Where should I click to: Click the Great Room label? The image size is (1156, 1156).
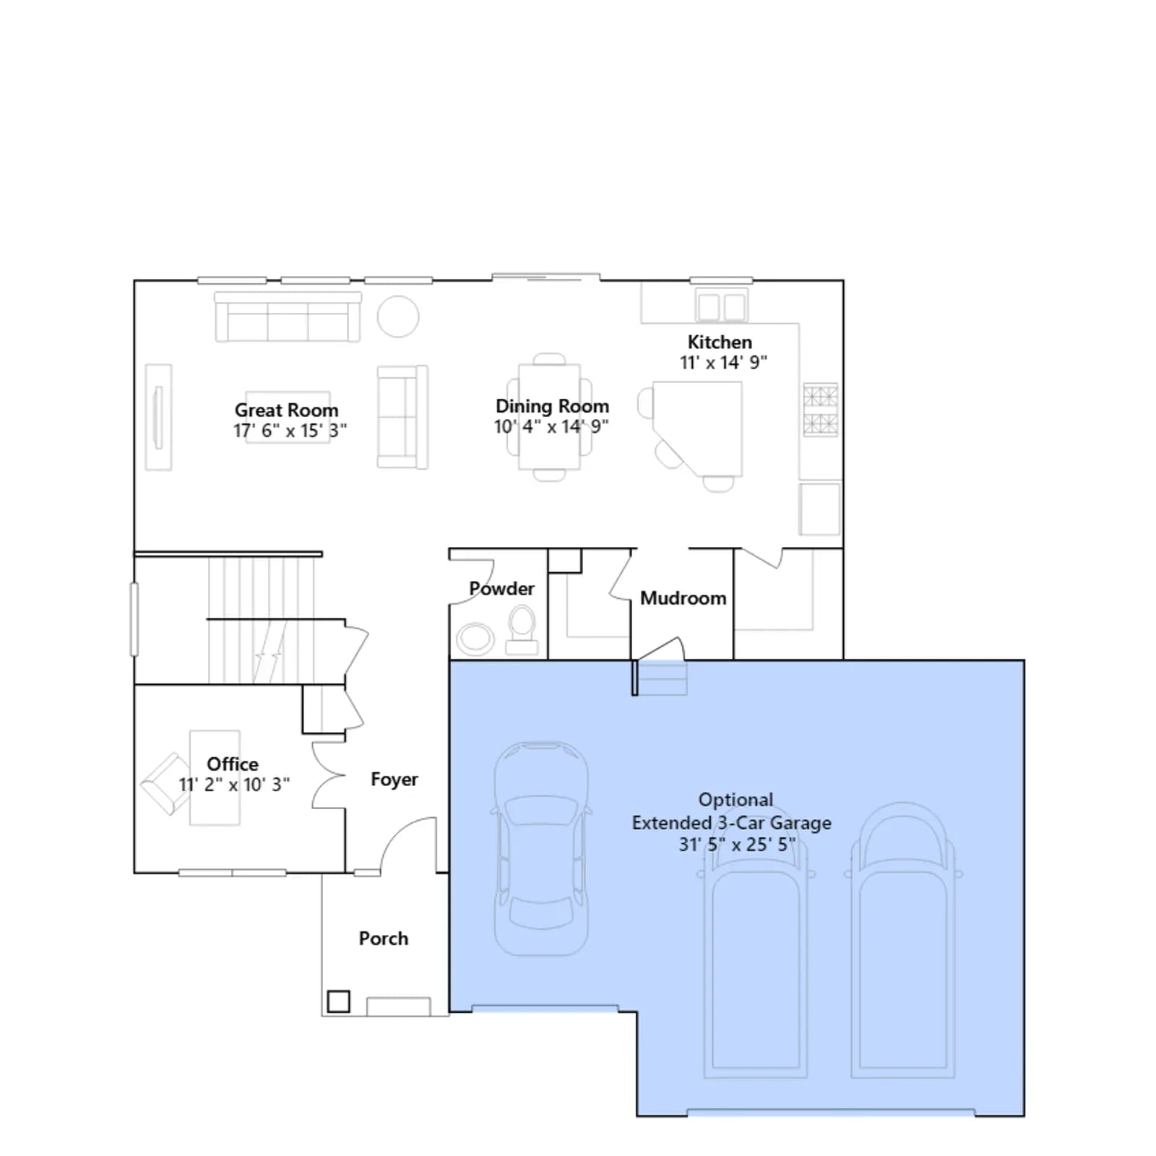pos(286,410)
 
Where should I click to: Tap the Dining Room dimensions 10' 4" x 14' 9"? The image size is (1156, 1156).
pos(551,427)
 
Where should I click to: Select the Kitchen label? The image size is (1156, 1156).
pos(720,342)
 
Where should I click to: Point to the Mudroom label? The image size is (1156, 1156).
pos(683,598)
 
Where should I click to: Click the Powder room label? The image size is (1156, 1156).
pos(501,589)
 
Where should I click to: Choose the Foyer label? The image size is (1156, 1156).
pos(394,780)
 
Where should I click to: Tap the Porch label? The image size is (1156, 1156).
pos(384,939)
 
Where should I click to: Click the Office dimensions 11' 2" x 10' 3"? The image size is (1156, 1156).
pos(234,785)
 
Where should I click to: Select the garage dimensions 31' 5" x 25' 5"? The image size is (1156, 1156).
pos(737,844)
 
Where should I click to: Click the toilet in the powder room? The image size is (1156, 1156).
pos(522,630)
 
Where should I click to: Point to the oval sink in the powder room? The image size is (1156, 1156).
pos(475,639)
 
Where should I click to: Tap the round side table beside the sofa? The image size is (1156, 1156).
pos(398,316)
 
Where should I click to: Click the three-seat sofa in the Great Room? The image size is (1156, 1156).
pos(288,317)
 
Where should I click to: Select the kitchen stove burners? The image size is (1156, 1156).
pos(821,410)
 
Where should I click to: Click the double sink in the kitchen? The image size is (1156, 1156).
pos(721,306)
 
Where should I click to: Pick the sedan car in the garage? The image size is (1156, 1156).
pos(540,849)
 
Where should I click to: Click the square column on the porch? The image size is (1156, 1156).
pos(338,1001)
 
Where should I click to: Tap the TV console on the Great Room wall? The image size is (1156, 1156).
pos(158,418)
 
